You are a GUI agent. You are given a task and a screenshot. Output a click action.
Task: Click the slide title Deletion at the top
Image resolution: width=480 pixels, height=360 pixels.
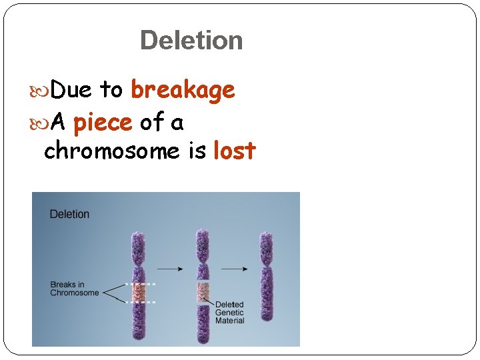click(x=191, y=40)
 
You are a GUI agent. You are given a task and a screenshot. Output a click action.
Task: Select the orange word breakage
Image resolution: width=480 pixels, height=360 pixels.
click(x=183, y=89)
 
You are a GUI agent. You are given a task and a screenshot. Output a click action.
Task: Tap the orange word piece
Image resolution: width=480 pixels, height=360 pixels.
click(x=103, y=123)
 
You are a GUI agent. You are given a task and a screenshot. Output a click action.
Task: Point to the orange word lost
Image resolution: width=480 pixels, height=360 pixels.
click(x=234, y=151)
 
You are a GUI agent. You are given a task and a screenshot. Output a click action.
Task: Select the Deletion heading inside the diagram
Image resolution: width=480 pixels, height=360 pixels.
click(x=69, y=214)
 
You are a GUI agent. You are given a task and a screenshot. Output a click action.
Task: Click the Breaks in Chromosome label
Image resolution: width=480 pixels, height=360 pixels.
click(x=74, y=289)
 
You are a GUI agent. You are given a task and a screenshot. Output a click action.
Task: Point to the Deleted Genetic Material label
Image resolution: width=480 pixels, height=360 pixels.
click(x=229, y=313)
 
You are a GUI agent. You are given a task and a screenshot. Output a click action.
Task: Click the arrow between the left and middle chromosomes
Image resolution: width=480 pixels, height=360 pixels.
click(x=171, y=269)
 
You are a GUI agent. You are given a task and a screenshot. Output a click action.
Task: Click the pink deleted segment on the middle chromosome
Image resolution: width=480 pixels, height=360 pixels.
click(x=203, y=291)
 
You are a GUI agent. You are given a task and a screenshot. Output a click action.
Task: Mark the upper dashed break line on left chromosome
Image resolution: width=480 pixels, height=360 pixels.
click(x=140, y=284)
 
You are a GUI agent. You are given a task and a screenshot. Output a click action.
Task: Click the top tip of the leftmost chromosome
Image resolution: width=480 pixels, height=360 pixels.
click(x=139, y=234)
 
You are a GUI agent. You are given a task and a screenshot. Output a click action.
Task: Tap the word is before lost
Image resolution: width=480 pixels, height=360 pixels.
click(x=197, y=151)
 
